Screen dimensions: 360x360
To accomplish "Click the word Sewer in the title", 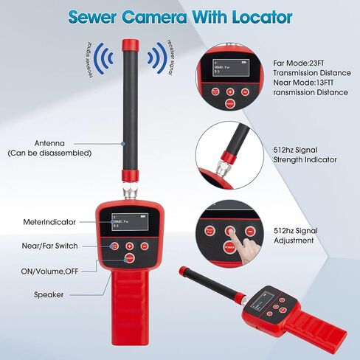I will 95,16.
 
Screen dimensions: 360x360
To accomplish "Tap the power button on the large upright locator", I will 129,258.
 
